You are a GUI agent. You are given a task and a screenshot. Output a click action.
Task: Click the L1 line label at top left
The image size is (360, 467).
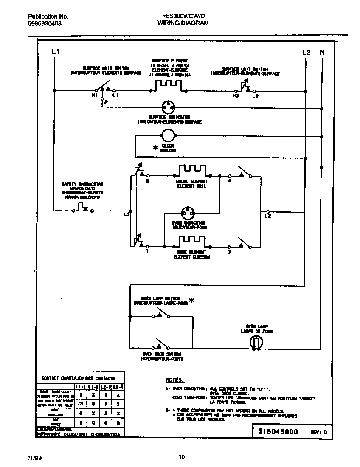[x=55, y=52]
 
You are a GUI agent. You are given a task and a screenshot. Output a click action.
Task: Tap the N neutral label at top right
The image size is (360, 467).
[x=322, y=52]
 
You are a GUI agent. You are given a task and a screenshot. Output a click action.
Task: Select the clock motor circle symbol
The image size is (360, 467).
[x=167, y=135]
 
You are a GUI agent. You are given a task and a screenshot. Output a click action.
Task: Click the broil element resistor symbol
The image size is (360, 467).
[x=192, y=171]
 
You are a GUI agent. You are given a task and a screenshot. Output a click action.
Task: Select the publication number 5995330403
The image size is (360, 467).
[x=45, y=24]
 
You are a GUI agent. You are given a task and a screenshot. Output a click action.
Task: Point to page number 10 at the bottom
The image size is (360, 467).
[x=181, y=457]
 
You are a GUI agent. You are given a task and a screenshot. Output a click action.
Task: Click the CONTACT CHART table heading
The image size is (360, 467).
[x=78, y=378]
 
